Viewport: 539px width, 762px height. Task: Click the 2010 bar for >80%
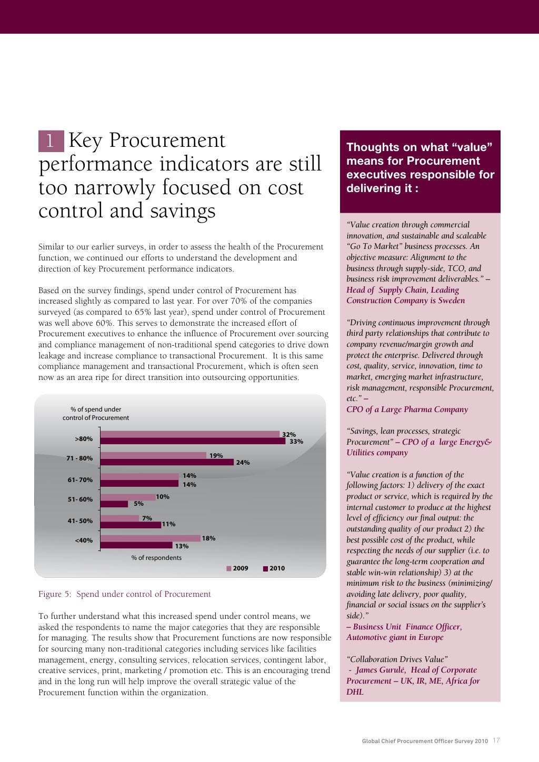(x=193, y=441)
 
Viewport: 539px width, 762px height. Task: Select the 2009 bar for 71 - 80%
(x=153, y=455)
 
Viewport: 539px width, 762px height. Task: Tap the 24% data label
(x=243, y=463)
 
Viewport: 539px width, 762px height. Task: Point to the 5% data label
(x=138, y=504)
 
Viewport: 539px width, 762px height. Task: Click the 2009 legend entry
(x=237, y=568)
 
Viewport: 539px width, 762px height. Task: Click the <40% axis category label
(x=84, y=540)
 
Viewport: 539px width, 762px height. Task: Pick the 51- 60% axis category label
(x=80, y=499)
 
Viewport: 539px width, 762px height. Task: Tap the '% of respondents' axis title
(x=156, y=558)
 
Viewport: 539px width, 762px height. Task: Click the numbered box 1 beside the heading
(x=51, y=141)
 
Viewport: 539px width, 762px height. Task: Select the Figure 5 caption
(x=124, y=594)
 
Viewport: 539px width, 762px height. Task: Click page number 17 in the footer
(x=496, y=740)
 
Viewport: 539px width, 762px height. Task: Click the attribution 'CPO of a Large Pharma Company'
(x=407, y=409)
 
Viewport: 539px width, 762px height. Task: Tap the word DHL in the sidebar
(x=355, y=692)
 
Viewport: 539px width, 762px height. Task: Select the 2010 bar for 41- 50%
(x=131, y=525)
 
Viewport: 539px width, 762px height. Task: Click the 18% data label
(x=208, y=538)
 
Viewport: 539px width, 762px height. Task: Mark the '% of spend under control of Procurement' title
(x=96, y=414)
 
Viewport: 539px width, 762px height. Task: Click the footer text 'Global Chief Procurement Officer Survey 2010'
(x=425, y=741)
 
